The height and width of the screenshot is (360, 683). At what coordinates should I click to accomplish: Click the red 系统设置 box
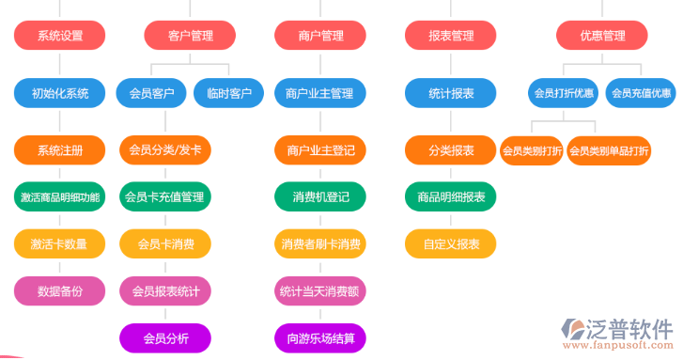pos(60,36)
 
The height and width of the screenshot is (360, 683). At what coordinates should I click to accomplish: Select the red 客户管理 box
pos(190,36)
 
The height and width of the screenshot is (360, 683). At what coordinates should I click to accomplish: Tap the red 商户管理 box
pos(320,36)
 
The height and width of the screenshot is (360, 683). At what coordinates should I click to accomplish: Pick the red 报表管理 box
pos(451,36)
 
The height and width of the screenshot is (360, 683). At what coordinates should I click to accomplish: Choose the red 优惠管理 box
pos(602,36)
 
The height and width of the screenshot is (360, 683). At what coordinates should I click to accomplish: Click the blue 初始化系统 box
pos(60,93)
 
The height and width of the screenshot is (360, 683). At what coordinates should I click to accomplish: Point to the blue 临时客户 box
pos(228,93)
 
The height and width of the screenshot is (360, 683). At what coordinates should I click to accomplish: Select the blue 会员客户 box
pos(151,93)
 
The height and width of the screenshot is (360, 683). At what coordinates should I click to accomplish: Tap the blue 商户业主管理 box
pos(320,93)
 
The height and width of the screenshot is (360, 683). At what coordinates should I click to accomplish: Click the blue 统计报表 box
pos(451,93)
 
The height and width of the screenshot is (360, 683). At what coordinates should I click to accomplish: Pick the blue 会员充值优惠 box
pos(642,93)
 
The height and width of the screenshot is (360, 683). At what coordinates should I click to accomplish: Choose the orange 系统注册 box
pos(60,150)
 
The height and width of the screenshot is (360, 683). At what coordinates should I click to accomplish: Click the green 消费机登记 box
pos(320,197)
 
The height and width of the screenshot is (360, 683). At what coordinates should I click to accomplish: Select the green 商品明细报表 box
pos(451,197)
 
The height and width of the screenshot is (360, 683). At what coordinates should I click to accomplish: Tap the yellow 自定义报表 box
pos(451,244)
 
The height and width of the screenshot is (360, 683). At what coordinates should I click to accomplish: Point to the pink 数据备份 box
pos(60,291)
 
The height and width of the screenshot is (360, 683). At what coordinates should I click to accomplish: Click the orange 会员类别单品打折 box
pos(609,150)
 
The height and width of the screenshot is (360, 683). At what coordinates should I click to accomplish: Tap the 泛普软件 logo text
pos(629,330)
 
